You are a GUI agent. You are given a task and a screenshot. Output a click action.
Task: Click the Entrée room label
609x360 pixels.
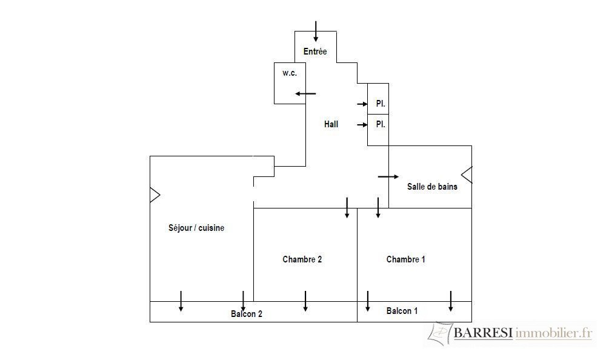[x=315, y=52]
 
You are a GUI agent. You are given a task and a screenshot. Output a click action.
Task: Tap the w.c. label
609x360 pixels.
[x=290, y=73]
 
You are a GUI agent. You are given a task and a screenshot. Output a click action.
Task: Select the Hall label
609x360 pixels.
[x=331, y=124]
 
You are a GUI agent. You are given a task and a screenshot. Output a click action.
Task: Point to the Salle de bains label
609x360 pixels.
[x=432, y=187]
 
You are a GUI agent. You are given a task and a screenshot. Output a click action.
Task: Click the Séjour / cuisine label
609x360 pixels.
[x=196, y=228]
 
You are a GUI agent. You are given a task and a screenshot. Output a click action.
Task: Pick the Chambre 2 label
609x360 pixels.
[x=302, y=259]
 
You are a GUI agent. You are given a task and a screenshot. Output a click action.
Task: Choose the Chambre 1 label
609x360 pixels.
[x=405, y=259]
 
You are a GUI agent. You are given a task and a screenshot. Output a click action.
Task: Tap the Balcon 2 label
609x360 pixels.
[x=246, y=314]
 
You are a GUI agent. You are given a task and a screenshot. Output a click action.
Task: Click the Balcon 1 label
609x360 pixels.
[x=402, y=311]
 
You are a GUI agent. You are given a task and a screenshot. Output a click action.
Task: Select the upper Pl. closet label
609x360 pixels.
[x=381, y=104]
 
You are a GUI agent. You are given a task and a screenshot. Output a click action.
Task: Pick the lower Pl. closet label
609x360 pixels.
[x=381, y=124]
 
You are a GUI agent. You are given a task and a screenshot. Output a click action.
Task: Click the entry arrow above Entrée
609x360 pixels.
[x=316, y=32]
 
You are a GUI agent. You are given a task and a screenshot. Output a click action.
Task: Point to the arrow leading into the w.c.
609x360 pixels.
[x=305, y=93]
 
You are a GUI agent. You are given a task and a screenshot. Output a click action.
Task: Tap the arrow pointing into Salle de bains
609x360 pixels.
[x=388, y=177]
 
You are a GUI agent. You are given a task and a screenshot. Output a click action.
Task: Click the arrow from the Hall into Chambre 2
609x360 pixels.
[x=347, y=208]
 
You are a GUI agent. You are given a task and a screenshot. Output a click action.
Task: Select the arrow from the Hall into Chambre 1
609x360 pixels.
[x=378, y=208]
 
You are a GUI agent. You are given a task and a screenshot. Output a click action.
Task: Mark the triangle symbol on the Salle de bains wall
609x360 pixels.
[x=467, y=175]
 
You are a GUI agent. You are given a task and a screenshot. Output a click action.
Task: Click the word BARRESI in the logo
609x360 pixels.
[x=483, y=333]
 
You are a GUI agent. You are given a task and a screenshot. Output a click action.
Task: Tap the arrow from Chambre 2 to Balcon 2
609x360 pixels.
[x=305, y=301]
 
